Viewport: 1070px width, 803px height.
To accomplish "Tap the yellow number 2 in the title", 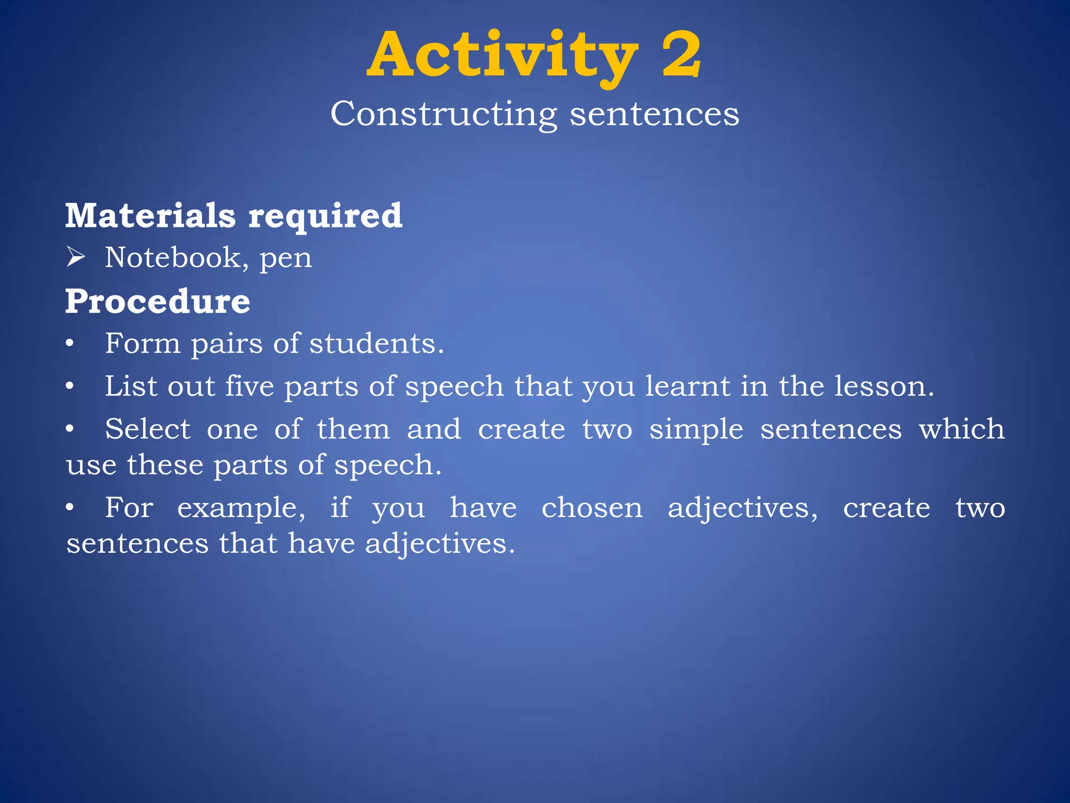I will click(x=681, y=54).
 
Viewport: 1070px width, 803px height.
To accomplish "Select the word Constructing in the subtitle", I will click(x=444, y=114).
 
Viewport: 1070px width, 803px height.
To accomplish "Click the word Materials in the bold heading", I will click(x=150, y=215).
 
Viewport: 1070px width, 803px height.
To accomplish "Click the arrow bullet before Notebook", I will click(x=76, y=258).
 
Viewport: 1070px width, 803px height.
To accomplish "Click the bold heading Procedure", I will click(x=158, y=302).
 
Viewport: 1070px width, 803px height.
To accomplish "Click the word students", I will click(x=376, y=343).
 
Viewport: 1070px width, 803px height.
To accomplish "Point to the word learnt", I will click(x=687, y=386).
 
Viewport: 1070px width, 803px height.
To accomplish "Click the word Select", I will click(x=148, y=429).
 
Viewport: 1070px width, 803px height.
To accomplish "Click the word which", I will click(x=962, y=429).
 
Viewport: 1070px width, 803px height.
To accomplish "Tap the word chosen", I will click(x=592, y=508).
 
